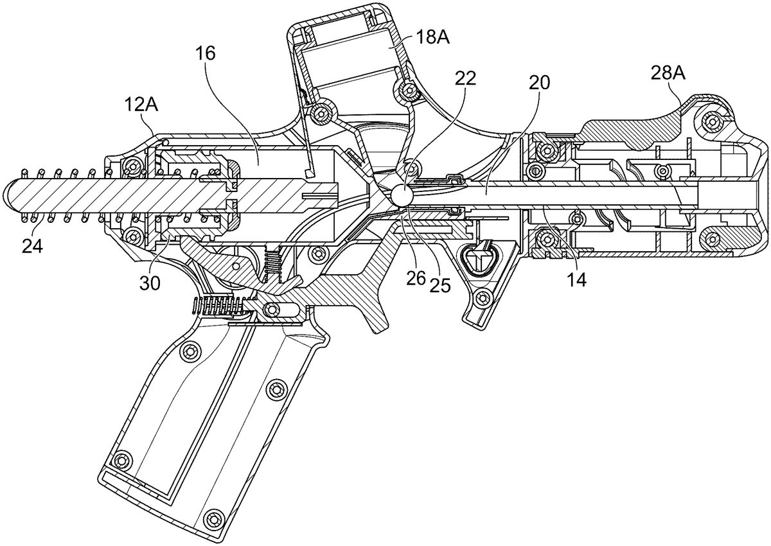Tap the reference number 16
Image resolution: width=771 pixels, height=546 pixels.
[x=206, y=54]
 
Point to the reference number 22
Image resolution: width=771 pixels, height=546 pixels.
[x=465, y=79]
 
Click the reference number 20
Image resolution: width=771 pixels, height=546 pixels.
[x=539, y=83]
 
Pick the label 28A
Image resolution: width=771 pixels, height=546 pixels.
[x=668, y=74]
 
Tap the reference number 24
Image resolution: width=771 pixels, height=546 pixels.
[x=32, y=246]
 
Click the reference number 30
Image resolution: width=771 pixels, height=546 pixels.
[x=150, y=284]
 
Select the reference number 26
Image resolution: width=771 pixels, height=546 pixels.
[x=416, y=279]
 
